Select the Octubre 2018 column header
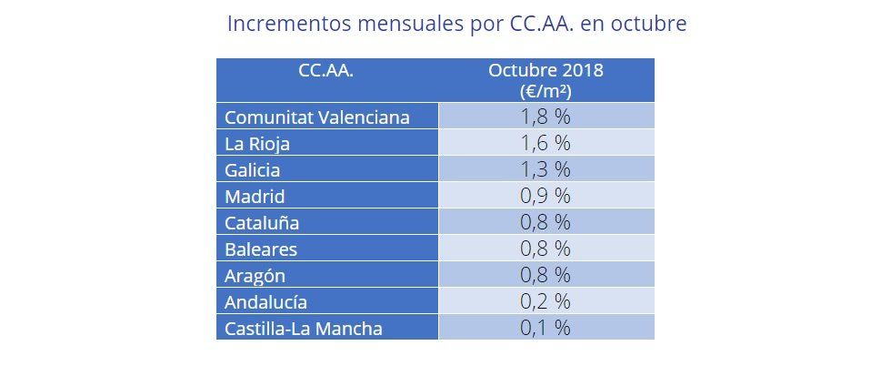[x=546, y=80]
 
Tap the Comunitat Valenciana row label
[x=316, y=117]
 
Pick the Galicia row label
[x=252, y=170]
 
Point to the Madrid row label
[x=255, y=197]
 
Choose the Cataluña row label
[x=261, y=223]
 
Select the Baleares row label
[x=260, y=249]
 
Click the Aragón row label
[x=255, y=275]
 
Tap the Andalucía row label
[x=265, y=301]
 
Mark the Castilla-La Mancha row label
[x=303, y=328]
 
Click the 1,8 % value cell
[x=546, y=117]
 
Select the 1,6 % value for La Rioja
[x=546, y=144]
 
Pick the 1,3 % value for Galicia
[x=546, y=170]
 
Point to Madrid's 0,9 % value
[x=546, y=197]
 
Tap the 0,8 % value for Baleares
[x=546, y=249]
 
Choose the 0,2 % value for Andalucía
[x=546, y=301]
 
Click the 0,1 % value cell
[x=546, y=328]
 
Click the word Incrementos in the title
[x=284, y=23]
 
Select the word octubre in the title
[x=646, y=23]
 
